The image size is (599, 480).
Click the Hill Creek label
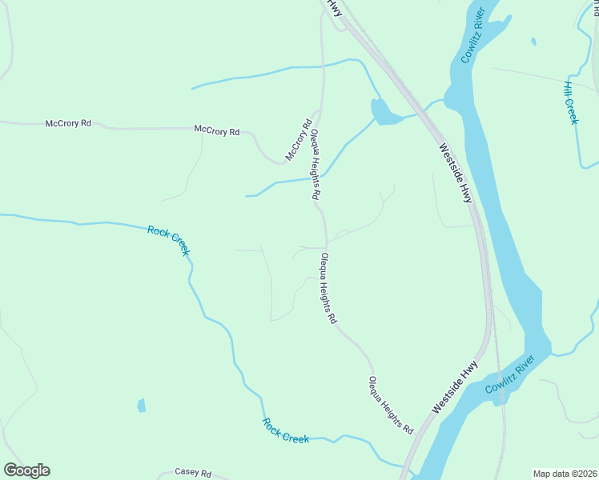(570, 102)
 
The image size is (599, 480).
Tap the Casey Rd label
(192, 473)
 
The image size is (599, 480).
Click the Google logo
(26, 470)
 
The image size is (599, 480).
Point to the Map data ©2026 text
(564, 473)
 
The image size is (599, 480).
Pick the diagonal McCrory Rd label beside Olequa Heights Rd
(298, 139)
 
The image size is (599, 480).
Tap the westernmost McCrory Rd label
(68, 123)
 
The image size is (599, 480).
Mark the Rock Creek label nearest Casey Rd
(285, 430)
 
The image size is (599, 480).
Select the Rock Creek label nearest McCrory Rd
(169, 240)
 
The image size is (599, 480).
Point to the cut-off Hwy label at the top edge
(332, 7)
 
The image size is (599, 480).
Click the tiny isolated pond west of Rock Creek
(142, 406)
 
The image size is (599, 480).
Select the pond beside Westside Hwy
(384, 113)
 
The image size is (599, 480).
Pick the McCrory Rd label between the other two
(217, 130)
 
